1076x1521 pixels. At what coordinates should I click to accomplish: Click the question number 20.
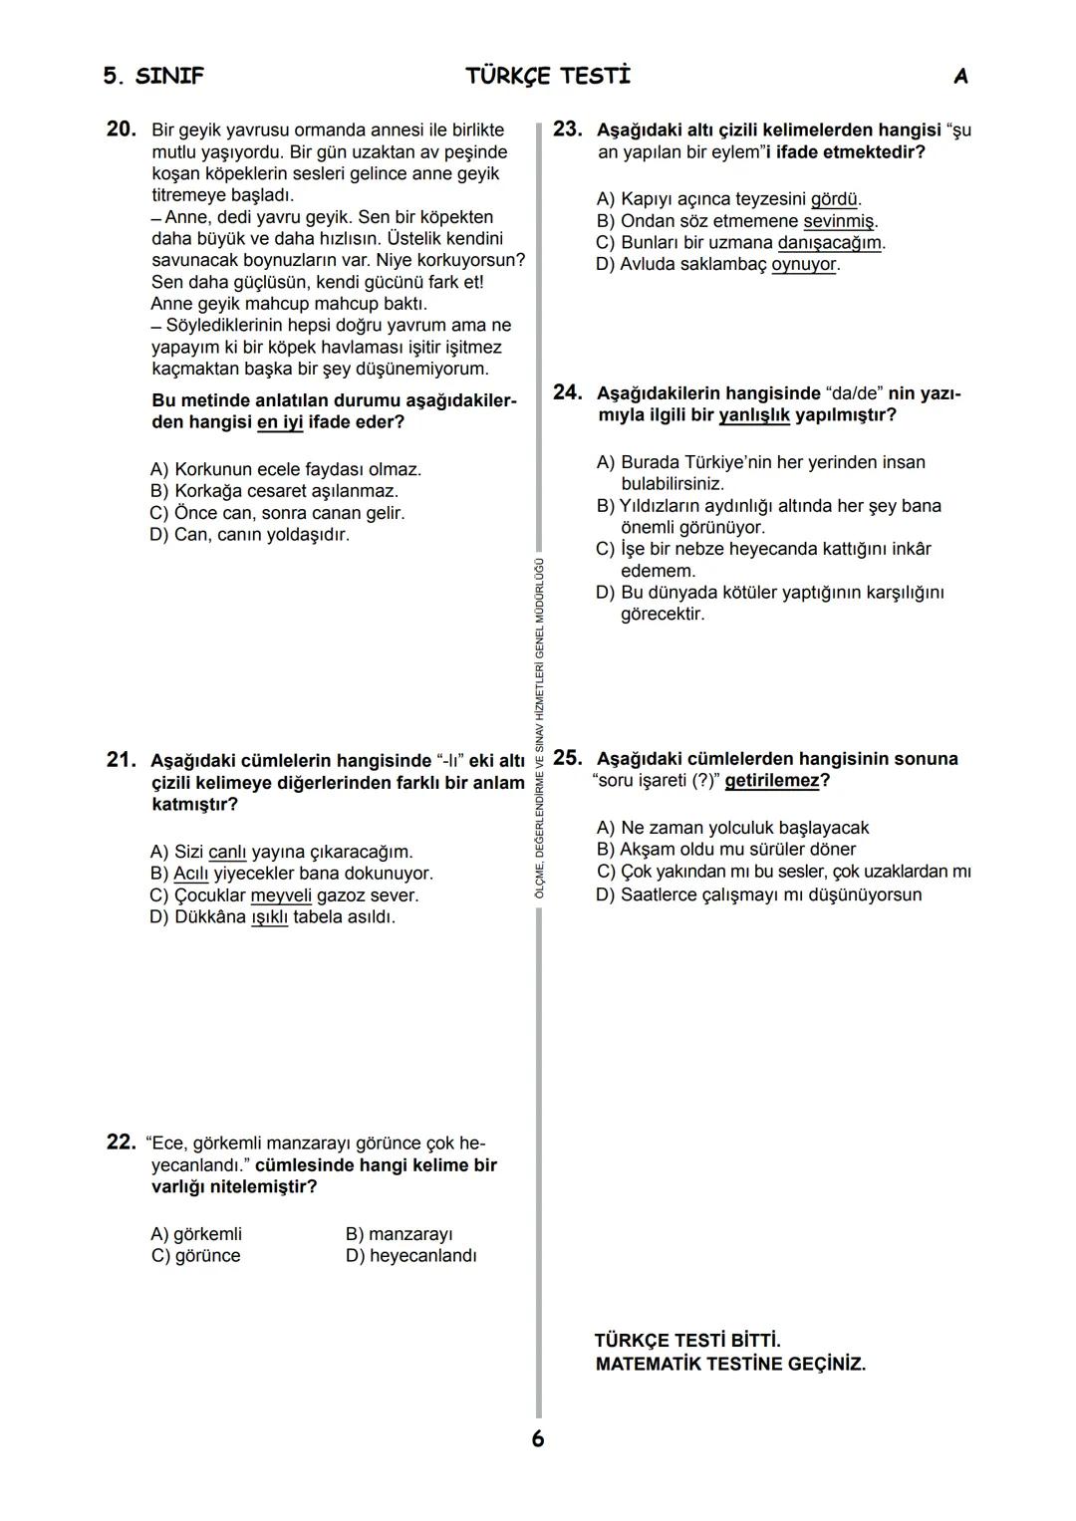pos(121,129)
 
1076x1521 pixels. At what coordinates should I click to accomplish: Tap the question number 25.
pos(567,758)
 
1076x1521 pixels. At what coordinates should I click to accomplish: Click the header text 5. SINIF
pos(153,77)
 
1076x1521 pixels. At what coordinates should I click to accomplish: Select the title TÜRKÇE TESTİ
pos(548,77)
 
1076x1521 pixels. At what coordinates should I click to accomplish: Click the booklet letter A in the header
pos(960,77)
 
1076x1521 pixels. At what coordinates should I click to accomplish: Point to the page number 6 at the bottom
pos(538,1438)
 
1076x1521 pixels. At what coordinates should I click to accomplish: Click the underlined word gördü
pos(835,199)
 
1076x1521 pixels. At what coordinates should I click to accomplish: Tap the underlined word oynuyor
pos(804,265)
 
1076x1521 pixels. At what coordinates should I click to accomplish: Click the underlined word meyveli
pos(281,895)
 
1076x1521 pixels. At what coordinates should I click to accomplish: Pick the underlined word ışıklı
pos(269,917)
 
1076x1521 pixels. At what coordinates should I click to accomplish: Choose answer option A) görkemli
pos(196,1234)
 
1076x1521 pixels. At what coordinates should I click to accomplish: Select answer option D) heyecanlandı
pos(410,1256)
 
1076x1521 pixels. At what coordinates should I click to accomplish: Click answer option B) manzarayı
pos(399,1234)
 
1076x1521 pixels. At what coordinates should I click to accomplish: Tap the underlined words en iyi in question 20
pos(280,422)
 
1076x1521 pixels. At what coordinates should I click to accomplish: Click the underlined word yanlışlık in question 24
pos(754,414)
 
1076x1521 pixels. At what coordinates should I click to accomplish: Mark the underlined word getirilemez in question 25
pos(772,781)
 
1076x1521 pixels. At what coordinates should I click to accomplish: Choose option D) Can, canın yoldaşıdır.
pos(250,535)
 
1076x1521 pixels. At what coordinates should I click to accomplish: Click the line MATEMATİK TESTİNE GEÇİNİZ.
pos(730,1365)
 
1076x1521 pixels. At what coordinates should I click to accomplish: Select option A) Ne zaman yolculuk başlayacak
pos(732,828)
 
